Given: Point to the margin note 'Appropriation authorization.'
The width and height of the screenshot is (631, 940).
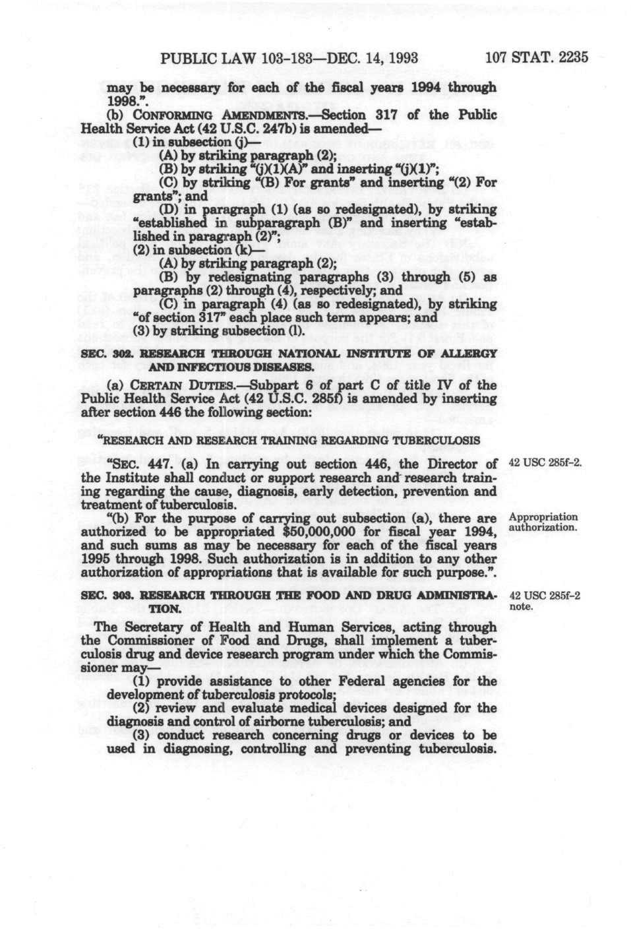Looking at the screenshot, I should click(543, 522).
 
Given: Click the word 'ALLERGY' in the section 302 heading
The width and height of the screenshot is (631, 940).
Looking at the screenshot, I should click(471, 354).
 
